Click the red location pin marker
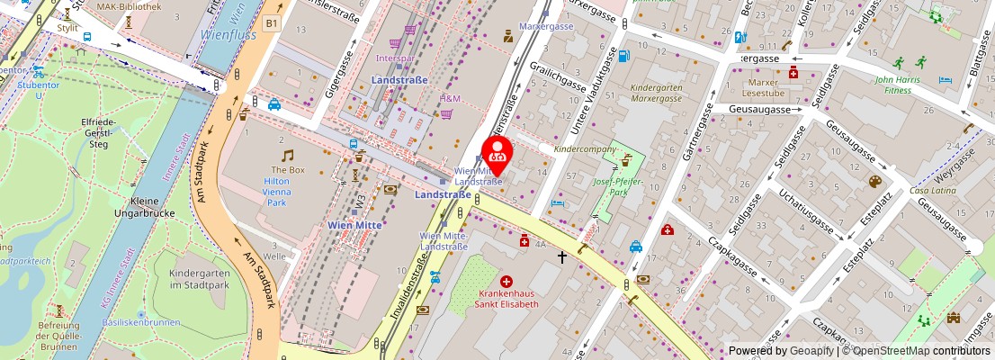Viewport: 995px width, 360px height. [x=497, y=150]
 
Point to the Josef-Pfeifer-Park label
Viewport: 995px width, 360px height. [x=623, y=185]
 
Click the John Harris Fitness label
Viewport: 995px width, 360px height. [x=901, y=85]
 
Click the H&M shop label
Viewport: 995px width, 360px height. [x=450, y=98]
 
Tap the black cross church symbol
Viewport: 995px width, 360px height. [x=562, y=257]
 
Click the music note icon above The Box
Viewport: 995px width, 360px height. [x=287, y=156]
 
